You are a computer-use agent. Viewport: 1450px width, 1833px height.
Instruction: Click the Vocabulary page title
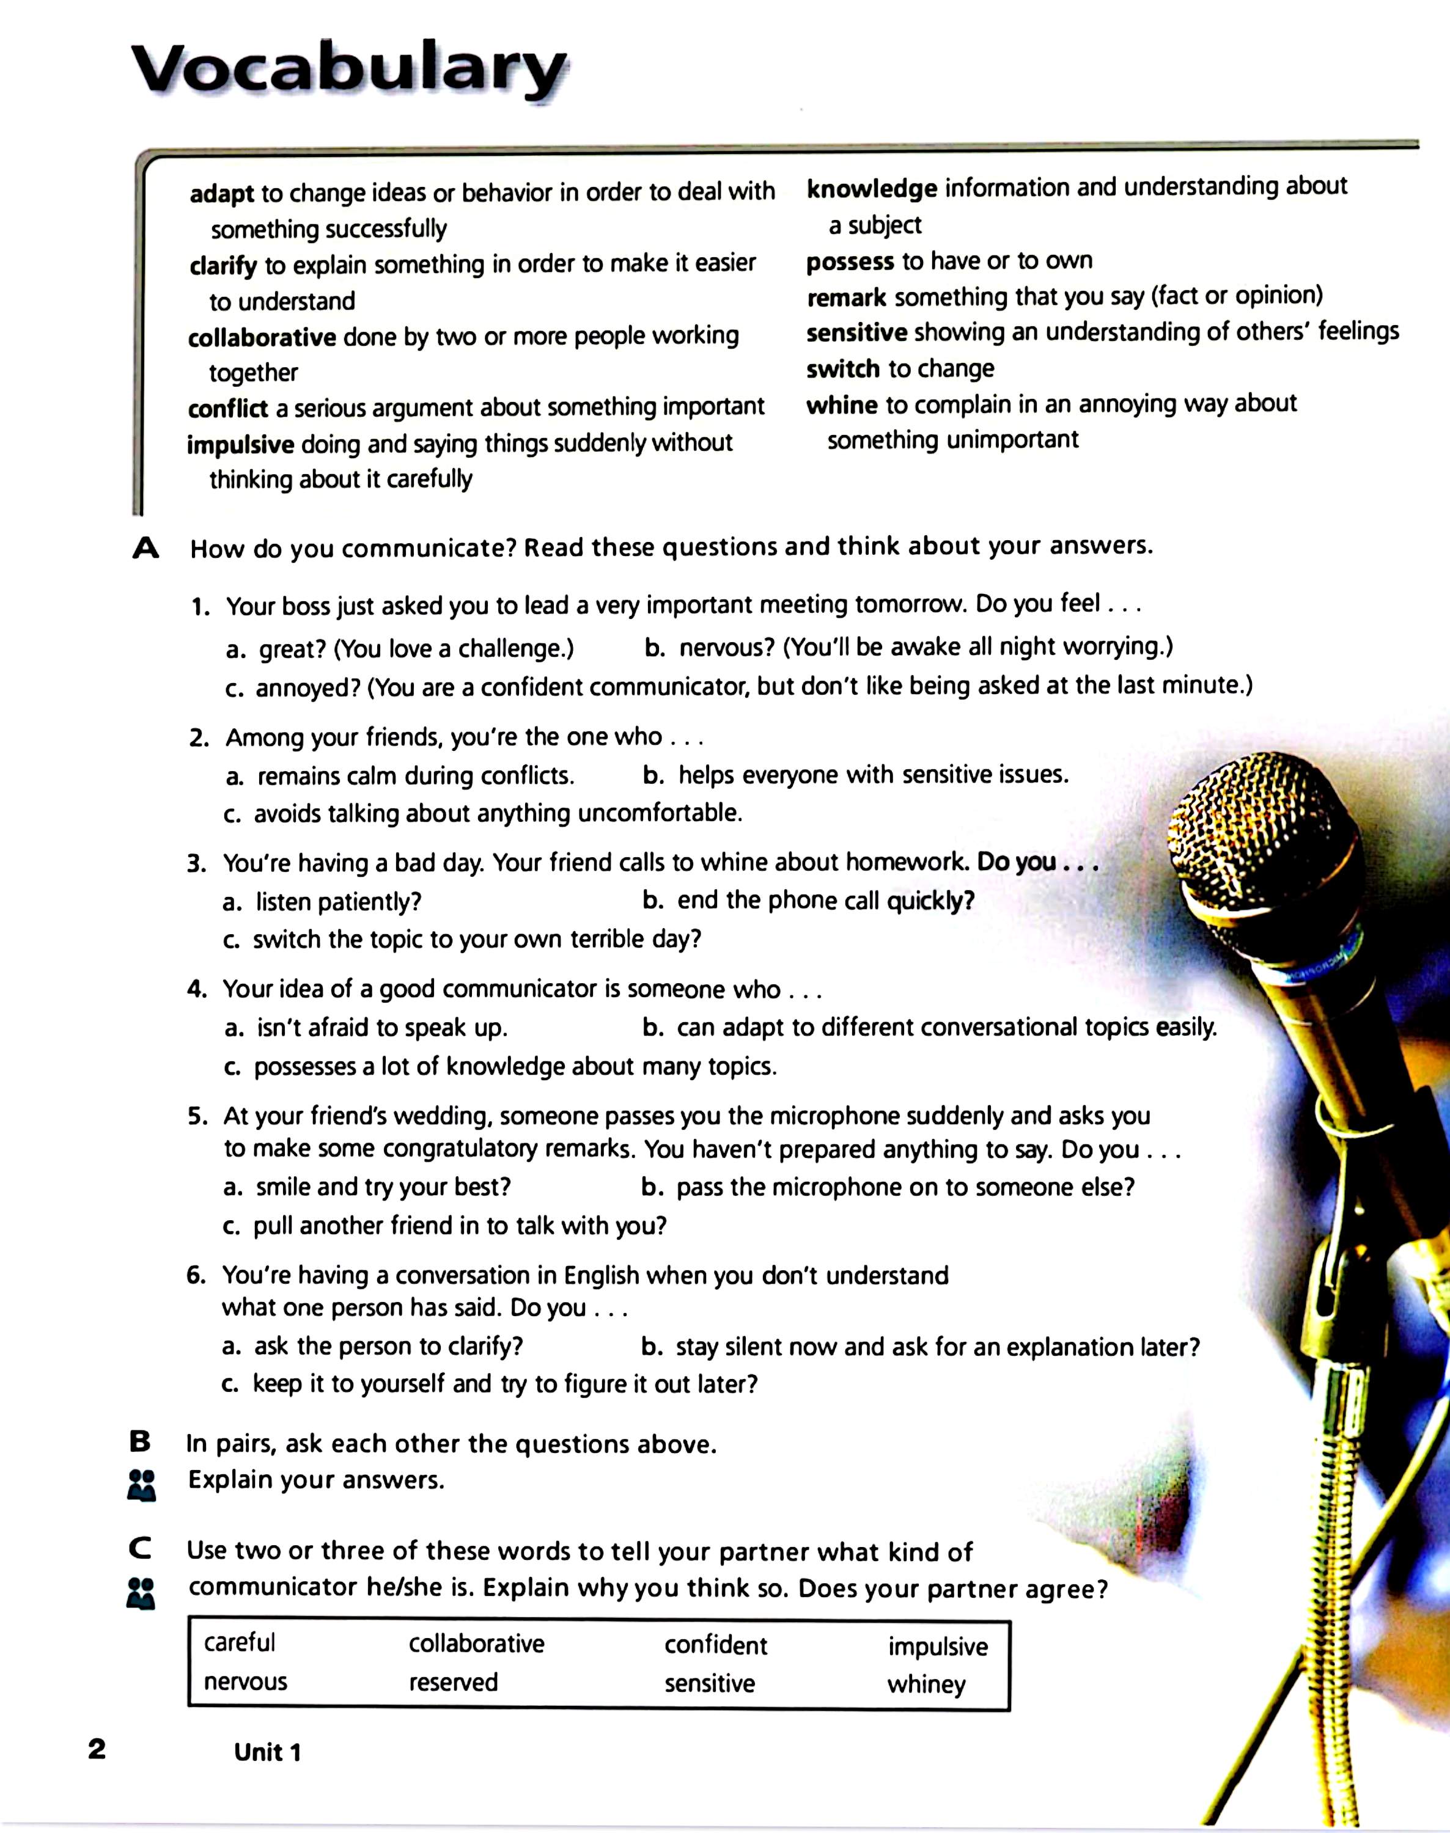click(x=350, y=70)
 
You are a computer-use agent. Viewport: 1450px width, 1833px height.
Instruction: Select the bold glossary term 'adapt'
click(x=221, y=194)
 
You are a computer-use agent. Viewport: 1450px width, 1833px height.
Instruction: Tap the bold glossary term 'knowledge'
click(x=871, y=188)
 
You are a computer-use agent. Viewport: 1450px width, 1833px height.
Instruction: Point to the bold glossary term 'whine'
click(x=841, y=404)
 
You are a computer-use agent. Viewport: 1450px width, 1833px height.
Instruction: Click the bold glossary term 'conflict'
click(x=227, y=409)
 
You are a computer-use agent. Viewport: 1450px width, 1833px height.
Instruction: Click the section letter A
click(x=146, y=549)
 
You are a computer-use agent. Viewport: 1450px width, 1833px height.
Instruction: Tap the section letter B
click(x=140, y=1441)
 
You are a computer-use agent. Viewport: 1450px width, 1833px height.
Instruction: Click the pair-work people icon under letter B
click(x=141, y=1484)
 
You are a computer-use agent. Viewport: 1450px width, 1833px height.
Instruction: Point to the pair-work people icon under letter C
click(x=141, y=1593)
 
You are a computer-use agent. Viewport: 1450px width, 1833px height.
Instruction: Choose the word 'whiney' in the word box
click(x=926, y=1684)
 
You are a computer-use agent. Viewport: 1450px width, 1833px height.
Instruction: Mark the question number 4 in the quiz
click(x=197, y=989)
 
